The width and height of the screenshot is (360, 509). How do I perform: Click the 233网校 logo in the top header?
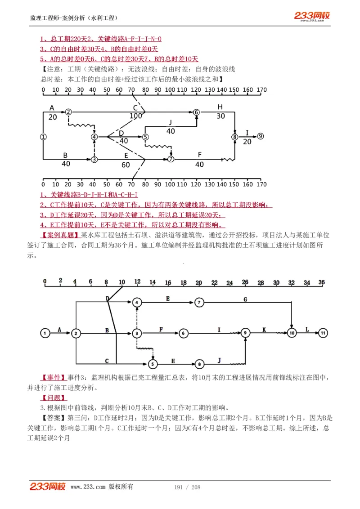coord(312,16)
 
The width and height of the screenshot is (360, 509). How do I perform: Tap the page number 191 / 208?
coord(187,487)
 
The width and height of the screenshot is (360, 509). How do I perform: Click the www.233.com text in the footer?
coord(88,487)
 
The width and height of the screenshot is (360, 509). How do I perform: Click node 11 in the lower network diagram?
coord(323,333)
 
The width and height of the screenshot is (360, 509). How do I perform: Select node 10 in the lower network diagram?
coord(292,333)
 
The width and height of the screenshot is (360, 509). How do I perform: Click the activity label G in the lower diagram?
coord(245,299)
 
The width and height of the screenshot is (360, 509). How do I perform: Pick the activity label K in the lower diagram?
coord(264,330)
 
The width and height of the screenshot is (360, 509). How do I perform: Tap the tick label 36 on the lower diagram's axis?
coord(321,282)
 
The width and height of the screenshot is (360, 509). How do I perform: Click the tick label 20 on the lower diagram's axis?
coord(198,282)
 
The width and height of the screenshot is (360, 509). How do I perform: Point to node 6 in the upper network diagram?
coord(196,112)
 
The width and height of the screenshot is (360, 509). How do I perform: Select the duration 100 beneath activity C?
coord(135,116)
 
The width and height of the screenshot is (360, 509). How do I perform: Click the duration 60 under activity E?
coord(126,165)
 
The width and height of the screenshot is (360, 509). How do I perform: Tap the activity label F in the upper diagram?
coord(200,154)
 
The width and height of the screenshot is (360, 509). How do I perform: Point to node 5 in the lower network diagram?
coord(153,364)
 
